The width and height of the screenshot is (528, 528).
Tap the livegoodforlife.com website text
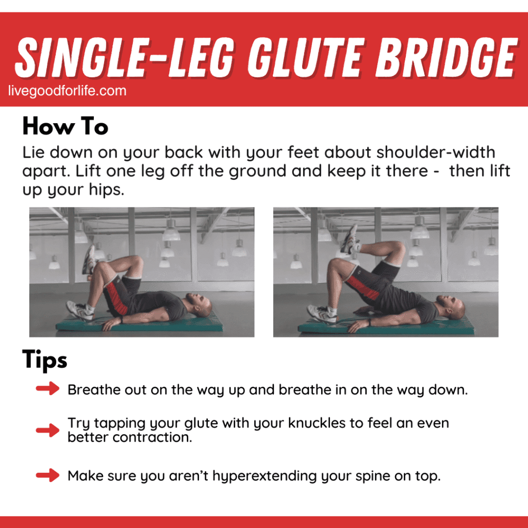coord(67,91)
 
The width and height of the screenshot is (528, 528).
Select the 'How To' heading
coord(65,126)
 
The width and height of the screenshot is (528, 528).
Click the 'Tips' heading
coord(45,360)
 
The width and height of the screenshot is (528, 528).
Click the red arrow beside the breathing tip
coord(48,389)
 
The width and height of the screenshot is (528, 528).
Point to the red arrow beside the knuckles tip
coord(48,430)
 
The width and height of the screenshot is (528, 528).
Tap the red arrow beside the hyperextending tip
coord(48,475)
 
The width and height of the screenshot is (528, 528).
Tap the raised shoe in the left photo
coord(89,259)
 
